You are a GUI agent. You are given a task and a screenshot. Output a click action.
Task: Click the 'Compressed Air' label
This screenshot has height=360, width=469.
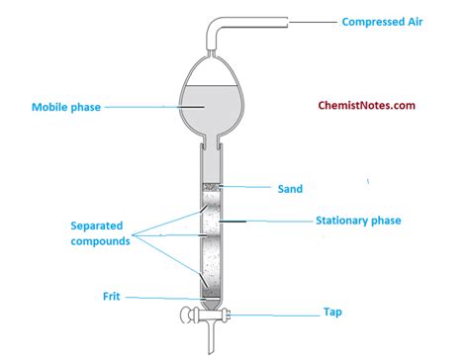tap(389, 20)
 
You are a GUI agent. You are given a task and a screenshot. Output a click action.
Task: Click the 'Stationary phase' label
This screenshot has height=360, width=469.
tap(358, 221)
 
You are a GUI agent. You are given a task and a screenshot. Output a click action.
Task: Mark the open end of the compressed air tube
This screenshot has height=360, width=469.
tap(288, 19)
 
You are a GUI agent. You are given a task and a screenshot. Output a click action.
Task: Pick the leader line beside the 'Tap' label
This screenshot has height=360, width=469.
tap(267, 315)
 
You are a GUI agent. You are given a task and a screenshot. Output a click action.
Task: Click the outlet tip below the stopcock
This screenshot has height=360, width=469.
tap(209, 348)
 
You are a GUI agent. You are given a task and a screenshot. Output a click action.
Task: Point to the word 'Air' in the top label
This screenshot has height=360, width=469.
tap(422, 20)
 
